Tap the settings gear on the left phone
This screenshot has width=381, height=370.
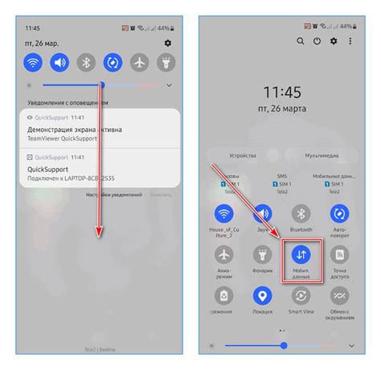click(x=168, y=42)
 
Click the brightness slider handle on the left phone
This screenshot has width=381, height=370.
click(x=102, y=84)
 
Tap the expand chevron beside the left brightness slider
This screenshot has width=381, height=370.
click(x=169, y=84)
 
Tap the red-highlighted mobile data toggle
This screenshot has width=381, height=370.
click(x=301, y=254)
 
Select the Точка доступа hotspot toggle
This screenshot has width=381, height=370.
click(x=340, y=254)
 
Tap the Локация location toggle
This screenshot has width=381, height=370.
click(x=263, y=295)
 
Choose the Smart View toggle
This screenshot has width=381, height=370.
click(x=301, y=295)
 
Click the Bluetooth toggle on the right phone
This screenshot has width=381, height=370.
click(x=301, y=213)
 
